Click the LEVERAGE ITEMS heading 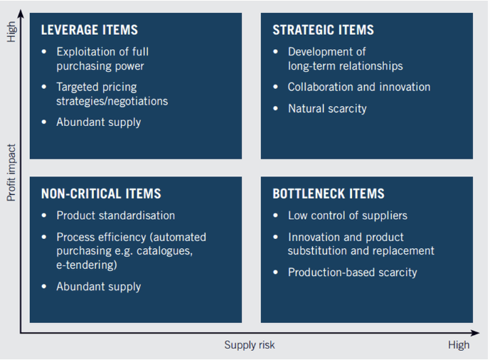click(89, 30)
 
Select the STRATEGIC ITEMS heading click(323, 30)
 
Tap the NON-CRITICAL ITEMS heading click(101, 194)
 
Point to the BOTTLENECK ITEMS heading click(329, 194)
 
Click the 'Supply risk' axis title click(250, 345)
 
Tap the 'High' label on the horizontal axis click(459, 345)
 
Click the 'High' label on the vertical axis click(11, 32)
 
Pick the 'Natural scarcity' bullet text click(327, 109)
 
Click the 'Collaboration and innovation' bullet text click(359, 87)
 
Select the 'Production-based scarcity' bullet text click(352, 272)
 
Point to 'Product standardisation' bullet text click(115, 216)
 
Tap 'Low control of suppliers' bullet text click(347, 216)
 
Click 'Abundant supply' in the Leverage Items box click(98, 122)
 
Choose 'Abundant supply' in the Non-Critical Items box click(98, 287)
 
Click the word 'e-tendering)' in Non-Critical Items click(87, 265)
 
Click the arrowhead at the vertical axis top click(21, 13)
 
